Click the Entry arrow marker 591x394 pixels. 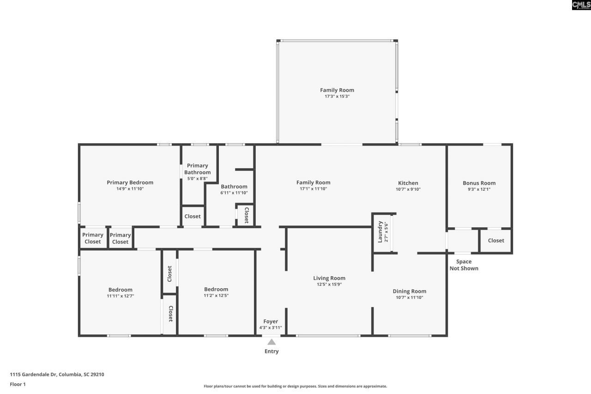[271, 342]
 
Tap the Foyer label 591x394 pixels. [271, 321]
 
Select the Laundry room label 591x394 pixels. [380, 232]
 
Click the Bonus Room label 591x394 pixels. [479, 183]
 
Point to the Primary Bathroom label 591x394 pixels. [197, 169]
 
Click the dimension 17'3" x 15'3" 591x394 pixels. [337, 97]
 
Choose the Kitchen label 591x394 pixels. [408, 183]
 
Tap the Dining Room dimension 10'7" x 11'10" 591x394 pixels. [410, 297]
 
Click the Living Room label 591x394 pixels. [329, 278]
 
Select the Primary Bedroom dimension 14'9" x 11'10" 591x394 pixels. [130, 189]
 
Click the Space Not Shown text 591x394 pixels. [464, 265]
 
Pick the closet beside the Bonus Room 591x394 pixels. [496, 240]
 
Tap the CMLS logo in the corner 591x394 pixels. [581, 5]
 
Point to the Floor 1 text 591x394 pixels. [18, 384]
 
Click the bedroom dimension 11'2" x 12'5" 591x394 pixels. [216, 296]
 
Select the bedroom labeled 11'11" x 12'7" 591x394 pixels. [121, 293]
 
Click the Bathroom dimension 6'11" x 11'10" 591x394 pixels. [234, 193]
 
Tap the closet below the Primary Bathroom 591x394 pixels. [193, 216]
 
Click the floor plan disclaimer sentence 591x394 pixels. [295, 386]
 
